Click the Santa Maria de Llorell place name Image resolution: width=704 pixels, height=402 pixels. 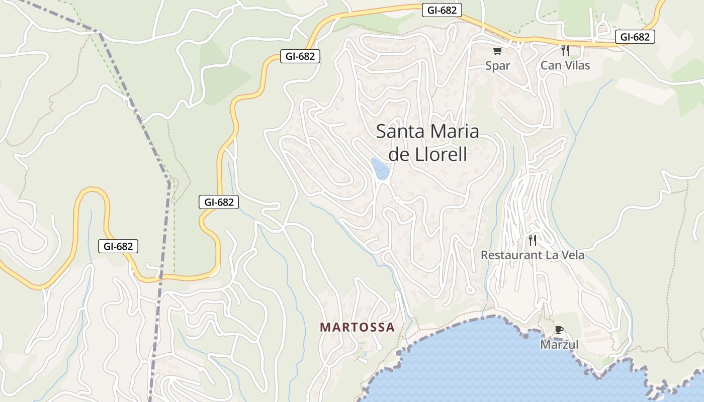pos(427,143)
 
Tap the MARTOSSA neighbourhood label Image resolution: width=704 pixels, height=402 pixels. pos(357,327)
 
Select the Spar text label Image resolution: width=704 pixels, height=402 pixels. pos(498,65)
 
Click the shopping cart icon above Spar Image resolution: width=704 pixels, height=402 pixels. pos(498,51)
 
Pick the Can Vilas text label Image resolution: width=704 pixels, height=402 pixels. pos(565,65)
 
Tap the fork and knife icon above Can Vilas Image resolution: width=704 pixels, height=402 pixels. pos(565,50)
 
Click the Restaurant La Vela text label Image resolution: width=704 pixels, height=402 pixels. pos(533,255)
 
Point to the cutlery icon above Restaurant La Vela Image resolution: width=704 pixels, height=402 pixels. pos(533,240)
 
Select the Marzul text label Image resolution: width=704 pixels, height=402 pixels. pos(559,345)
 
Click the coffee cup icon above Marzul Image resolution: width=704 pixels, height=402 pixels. pos(559,330)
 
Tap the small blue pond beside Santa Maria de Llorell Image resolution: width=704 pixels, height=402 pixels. pos(380,168)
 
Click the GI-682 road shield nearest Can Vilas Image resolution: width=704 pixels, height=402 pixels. pos(635,37)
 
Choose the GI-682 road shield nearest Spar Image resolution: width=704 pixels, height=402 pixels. pos(442,10)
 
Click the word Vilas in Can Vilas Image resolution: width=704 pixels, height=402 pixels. pos(576,65)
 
